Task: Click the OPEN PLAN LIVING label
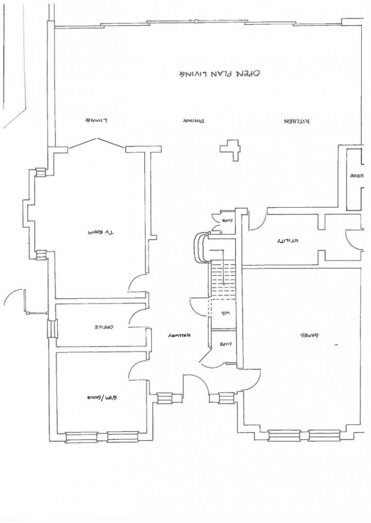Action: pos(217,73)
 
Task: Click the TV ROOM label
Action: pos(102,232)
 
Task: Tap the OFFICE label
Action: pos(103,327)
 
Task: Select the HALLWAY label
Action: pos(179,335)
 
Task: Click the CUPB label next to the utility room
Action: pos(227,220)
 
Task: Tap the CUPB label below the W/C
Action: pos(225,344)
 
